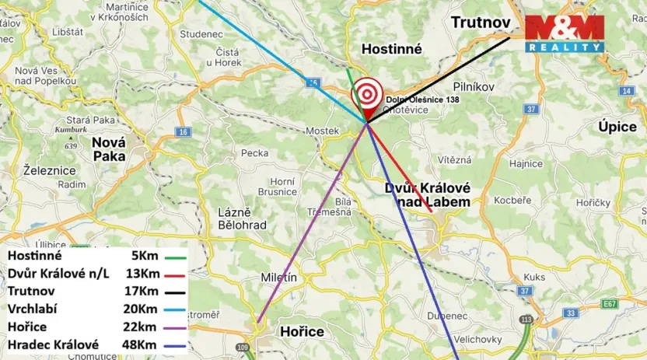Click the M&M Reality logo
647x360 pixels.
coord(565,33)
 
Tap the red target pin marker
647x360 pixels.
coord(366,97)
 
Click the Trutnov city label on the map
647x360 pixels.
coord(481,23)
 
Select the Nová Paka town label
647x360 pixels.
coord(109,149)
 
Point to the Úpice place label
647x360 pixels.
coord(618,127)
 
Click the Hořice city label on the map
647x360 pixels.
coord(301,332)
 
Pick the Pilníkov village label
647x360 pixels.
coord(474,87)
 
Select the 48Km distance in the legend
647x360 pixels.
coord(141,344)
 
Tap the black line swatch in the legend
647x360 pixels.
coord(179,292)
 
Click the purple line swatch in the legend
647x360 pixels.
coord(179,327)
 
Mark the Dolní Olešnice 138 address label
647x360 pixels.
coord(423,100)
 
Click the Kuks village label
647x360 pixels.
coord(534,277)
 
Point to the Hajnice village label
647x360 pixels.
coord(526,164)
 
